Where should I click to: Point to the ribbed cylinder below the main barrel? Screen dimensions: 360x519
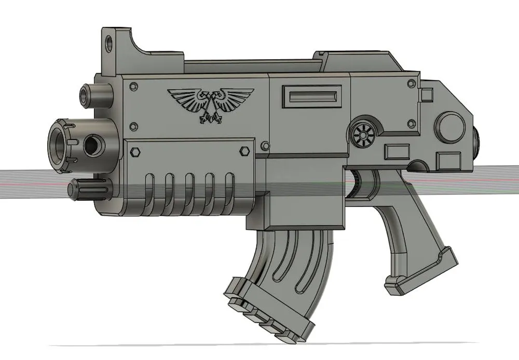[x=88, y=188]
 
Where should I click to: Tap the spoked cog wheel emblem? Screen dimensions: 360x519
[x=362, y=136]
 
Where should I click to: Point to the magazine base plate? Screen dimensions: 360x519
[x=270, y=311]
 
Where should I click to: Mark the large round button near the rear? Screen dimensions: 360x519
[x=449, y=127]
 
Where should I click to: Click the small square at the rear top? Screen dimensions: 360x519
[x=427, y=95]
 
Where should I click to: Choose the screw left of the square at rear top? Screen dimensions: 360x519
[x=411, y=83]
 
